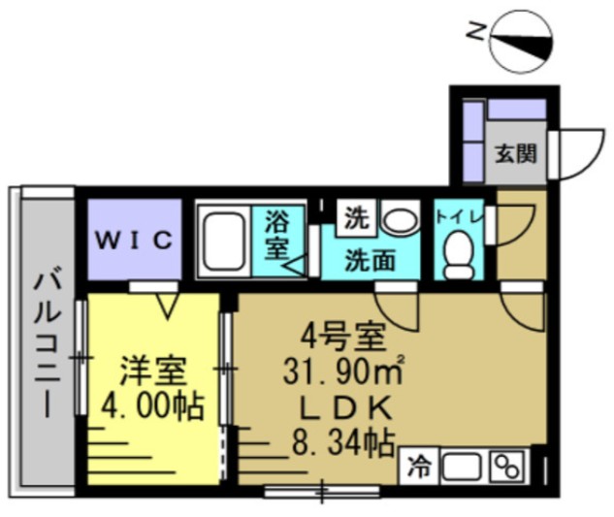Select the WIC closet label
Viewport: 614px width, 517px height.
tap(135, 240)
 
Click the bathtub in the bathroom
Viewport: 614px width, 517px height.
tap(224, 240)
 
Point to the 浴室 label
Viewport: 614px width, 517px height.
tap(275, 236)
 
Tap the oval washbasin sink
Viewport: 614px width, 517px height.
tap(397, 218)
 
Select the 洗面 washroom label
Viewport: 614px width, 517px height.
tap(370, 259)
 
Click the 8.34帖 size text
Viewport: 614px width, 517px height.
tap(343, 443)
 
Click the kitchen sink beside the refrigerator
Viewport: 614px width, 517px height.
tap(462, 466)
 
